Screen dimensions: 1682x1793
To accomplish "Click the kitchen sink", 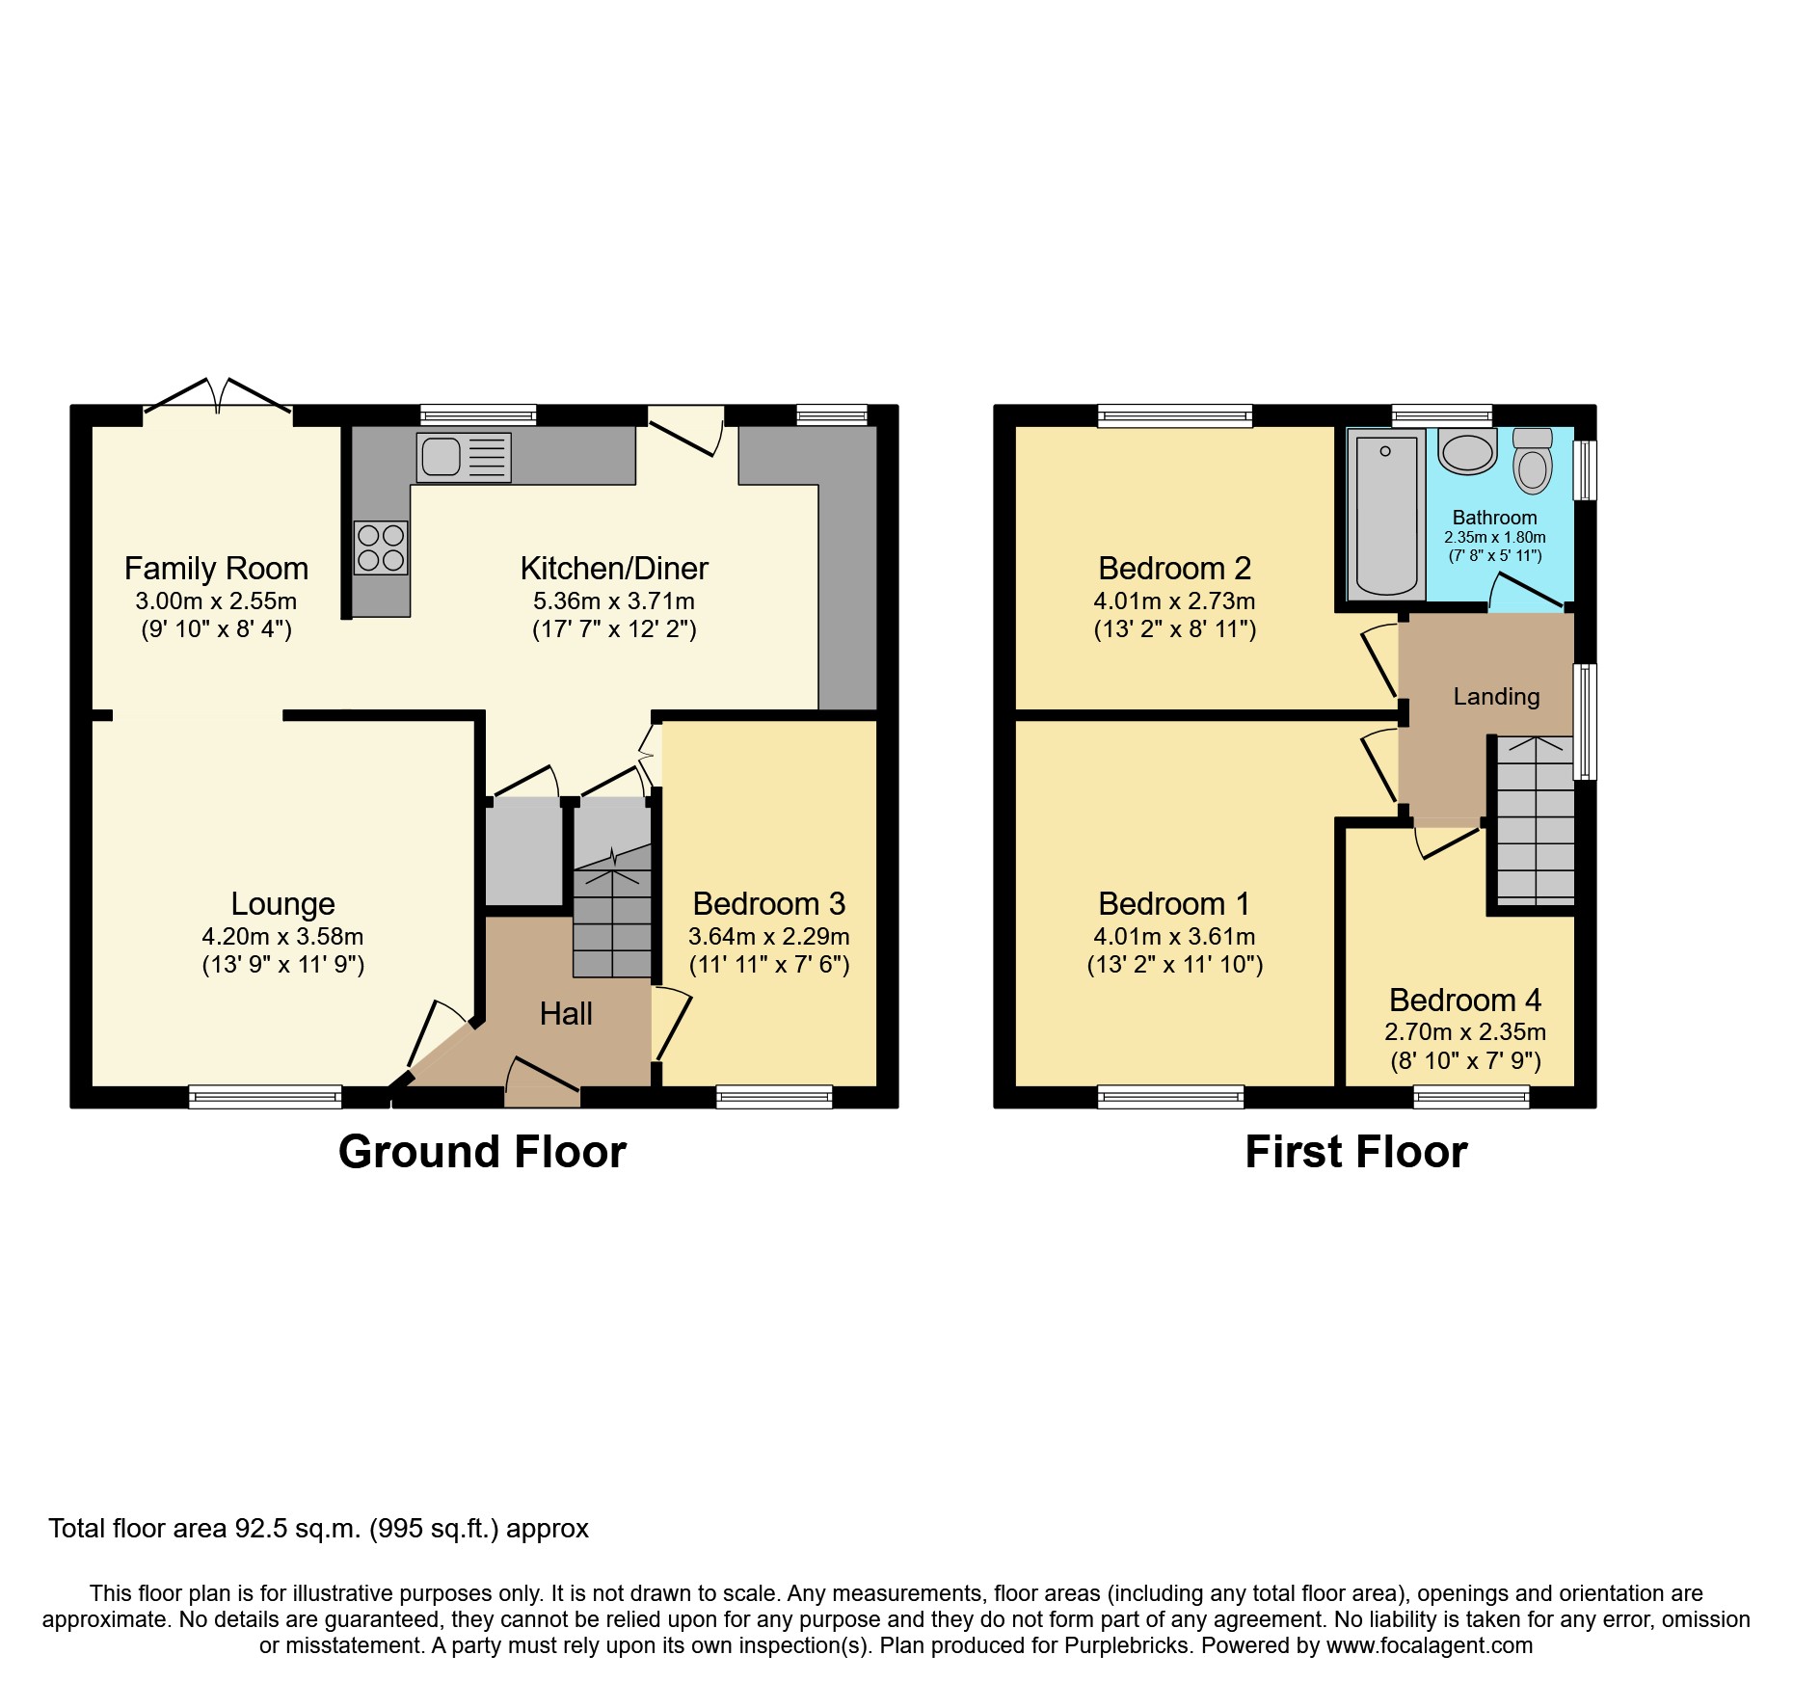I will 463,457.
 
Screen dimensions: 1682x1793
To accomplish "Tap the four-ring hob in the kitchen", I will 381,547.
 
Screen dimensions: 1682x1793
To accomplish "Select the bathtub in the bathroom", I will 1385,513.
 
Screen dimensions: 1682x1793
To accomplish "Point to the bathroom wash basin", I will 1467,451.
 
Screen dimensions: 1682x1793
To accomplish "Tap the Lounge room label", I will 282,904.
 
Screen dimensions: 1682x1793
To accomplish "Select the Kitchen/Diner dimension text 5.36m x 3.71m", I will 614,601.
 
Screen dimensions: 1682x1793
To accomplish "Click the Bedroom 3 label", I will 768,904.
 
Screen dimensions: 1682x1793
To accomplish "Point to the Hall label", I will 566,1014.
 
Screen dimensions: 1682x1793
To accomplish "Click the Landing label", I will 1496,697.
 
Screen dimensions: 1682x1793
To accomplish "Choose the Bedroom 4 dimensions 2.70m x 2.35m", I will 1465,1032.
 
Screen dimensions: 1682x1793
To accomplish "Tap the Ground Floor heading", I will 482,1152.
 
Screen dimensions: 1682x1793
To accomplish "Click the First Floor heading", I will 1355,1152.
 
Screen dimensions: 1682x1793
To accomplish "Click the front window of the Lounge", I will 265,1096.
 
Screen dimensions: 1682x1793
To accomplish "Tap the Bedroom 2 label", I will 1174,569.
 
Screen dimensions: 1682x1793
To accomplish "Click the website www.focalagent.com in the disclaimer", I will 1430,1645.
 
